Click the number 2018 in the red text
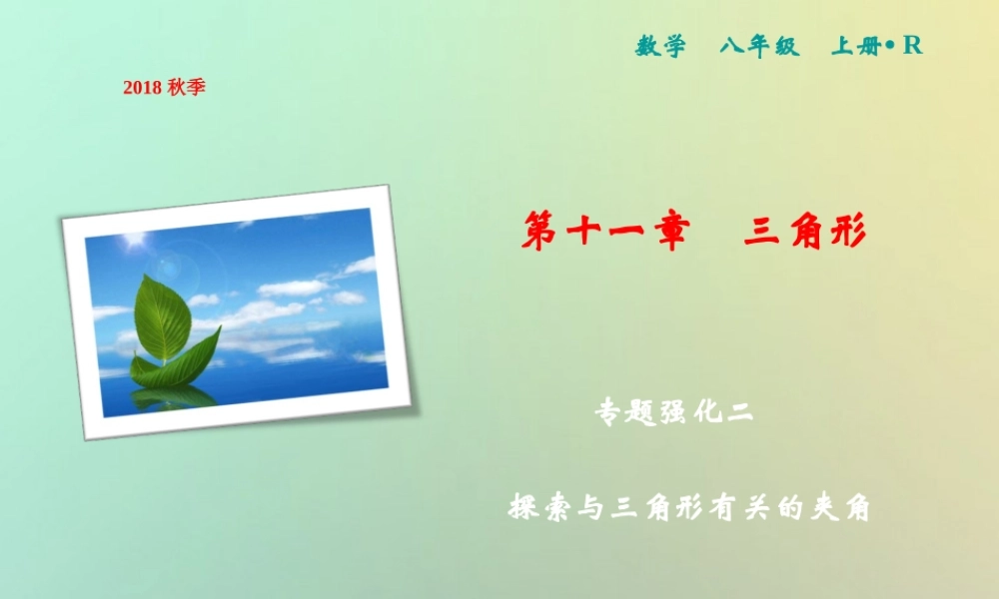143,88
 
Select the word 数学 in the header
661,47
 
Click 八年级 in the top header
760,47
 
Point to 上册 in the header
855,47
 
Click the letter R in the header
911,46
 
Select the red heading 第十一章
605,234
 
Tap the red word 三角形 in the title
804,234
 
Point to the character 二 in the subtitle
738,413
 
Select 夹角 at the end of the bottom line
837,507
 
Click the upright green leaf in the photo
162,317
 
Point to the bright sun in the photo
132,241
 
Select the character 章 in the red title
668,234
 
